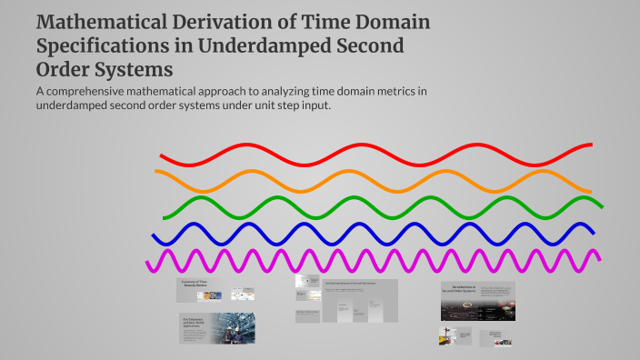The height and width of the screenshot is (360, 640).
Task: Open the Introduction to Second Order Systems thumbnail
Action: pyautogui.click(x=478, y=300)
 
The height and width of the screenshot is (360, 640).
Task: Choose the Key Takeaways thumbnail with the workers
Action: pyautogui.click(x=216, y=328)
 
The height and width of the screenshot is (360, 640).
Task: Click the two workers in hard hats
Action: pyautogui.click(x=233, y=328)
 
